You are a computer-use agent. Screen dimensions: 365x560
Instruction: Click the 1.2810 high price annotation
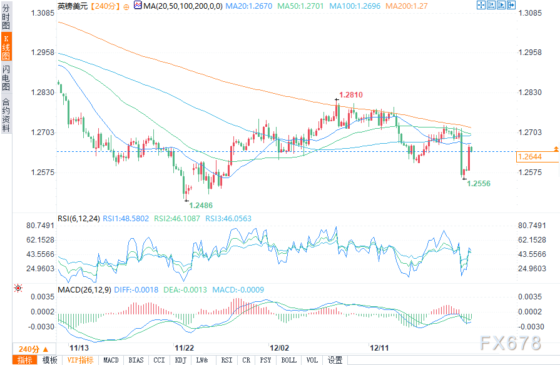(350, 95)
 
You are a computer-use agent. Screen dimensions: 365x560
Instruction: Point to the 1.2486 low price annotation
(200, 206)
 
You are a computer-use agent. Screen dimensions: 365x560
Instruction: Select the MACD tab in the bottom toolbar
(111, 360)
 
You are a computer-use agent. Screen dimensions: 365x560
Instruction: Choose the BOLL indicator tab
(288, 360)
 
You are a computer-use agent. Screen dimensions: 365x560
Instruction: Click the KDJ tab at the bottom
(180, 360)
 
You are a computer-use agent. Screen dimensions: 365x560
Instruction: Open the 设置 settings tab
(335, 360)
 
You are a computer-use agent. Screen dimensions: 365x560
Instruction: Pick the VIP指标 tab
(80, 360)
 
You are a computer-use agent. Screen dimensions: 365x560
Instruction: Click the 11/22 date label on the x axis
(183, 347)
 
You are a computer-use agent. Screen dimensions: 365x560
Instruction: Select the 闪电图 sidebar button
(6, 77)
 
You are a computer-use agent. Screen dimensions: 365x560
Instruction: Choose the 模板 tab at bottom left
(49, 360)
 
